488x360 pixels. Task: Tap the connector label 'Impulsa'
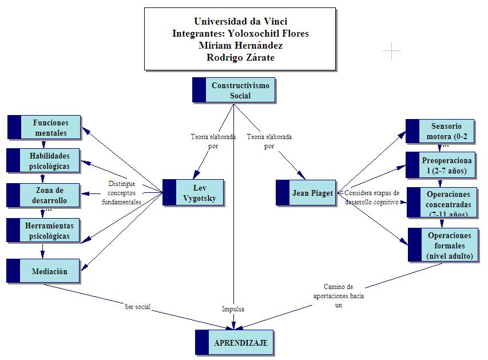point(233,309)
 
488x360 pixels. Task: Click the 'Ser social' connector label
point(137,307)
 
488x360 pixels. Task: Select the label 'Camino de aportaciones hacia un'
point(339,296)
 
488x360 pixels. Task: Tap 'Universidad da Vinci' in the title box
point(240,22)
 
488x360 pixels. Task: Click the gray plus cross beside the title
point(392,51)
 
